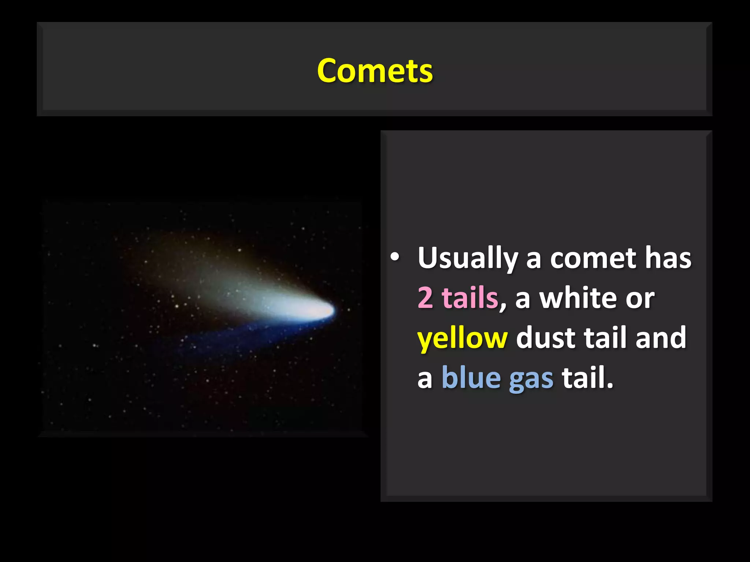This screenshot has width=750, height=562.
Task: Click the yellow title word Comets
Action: pyautogui.click(x=375, y=71)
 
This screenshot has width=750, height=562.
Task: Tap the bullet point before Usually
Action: pyautogui.click(x=394, y=257)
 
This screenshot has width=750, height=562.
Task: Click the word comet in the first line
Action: pyautogui.click(x=593, y=258)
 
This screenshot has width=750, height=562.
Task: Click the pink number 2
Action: pyautogui.click(x=425, y=297)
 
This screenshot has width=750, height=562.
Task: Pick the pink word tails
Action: pyautogui.click(x=470, y=297)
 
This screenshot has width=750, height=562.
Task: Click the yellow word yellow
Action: pyautogui.click(x=462, y=338)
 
